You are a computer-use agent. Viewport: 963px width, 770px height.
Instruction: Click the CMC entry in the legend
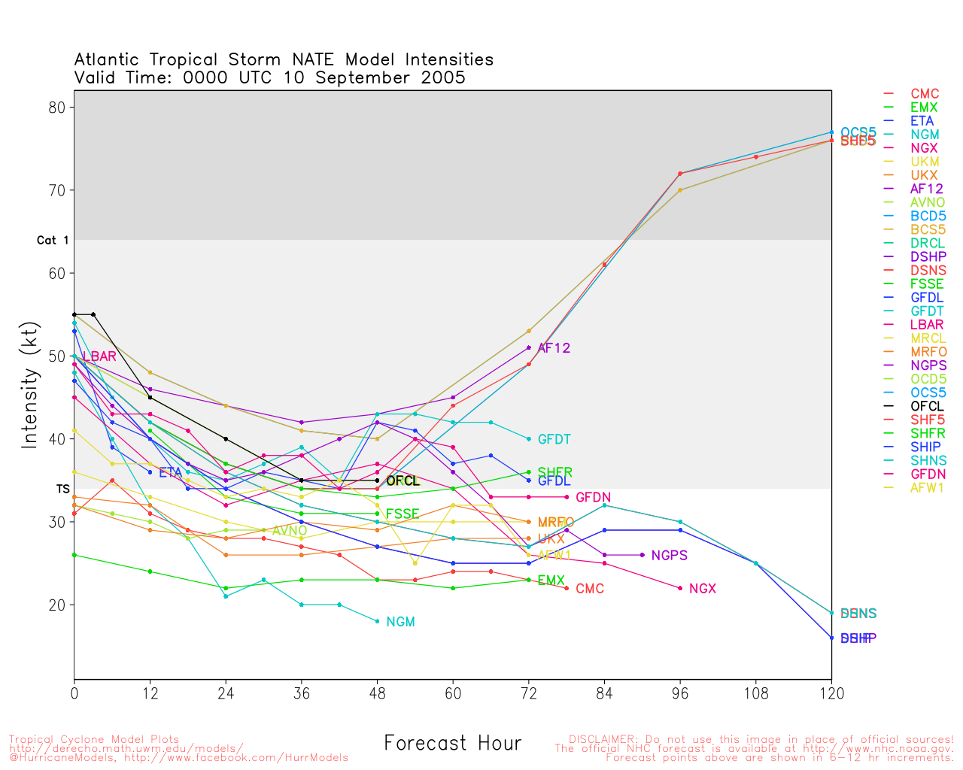coord(925,94)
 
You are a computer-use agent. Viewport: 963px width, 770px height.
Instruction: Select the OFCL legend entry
coord(927,406)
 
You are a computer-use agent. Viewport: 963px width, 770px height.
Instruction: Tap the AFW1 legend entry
coord(927,487)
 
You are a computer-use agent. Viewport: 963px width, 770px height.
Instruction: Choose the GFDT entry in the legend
coord(927,311)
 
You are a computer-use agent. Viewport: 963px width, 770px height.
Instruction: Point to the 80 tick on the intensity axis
coord(58,108)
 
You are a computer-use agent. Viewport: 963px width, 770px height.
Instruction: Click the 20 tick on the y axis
coord(58,605)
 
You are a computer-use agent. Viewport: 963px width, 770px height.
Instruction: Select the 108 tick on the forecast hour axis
coord(756,694)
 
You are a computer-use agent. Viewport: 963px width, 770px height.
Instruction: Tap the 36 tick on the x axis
coord(302,694)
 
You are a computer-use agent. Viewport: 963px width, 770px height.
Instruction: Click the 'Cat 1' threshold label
coord(53,241)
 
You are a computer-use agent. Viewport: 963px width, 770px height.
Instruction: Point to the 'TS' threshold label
coord(62,489)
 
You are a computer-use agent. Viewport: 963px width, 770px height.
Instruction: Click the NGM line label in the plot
coord(400,622)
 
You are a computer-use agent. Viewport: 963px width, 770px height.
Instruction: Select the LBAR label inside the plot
coord(99,356)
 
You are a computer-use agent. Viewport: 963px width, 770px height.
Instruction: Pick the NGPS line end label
coord(669,556)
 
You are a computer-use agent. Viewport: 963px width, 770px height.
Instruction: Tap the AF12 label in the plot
coord(554,348)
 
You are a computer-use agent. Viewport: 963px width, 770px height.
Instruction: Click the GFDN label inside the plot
coord(593,498)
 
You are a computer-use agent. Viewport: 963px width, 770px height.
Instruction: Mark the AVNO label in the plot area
coord(290,531)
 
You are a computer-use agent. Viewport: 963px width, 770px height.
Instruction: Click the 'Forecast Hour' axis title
coord(452,744)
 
